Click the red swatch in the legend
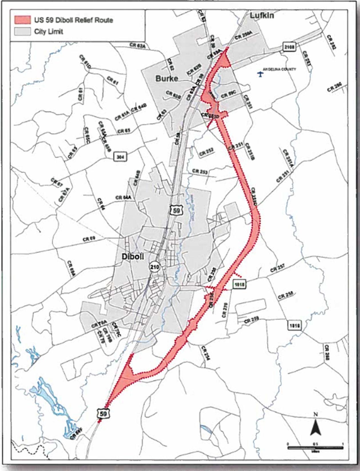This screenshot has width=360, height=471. (x=22, y=20)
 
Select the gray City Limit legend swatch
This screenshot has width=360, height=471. (x=22, y=31)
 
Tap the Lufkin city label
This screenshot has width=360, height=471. (x=262, y=15)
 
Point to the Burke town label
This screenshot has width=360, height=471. (x=167, y=78)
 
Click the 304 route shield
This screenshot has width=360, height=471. (x=120, y=157)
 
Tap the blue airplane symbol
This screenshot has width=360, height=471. (x=260, y=74)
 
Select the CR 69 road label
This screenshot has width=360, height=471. (x=89, y=239)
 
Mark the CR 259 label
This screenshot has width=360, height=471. (x=252, y=321)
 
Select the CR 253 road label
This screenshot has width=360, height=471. (x=200, y=171)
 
